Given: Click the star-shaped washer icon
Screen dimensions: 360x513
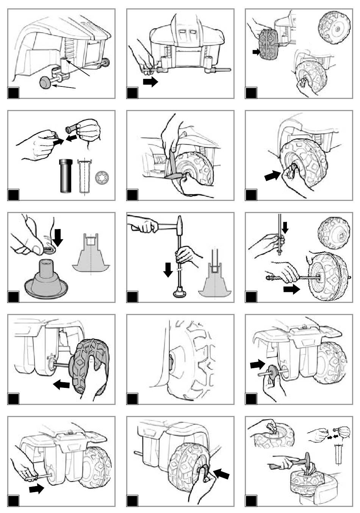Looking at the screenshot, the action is pyautogui.click(x=101, y=177).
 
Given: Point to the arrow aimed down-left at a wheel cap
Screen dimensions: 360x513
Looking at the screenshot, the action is pyautogui.click(x=222, y=472).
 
